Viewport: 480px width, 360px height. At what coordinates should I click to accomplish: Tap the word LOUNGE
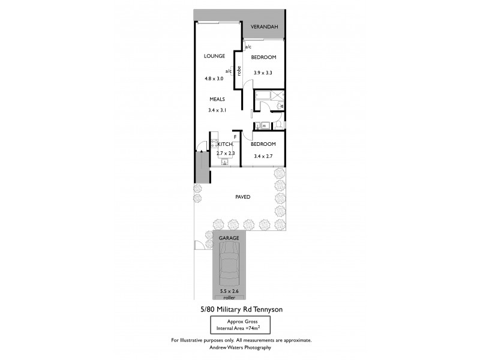[214, 56]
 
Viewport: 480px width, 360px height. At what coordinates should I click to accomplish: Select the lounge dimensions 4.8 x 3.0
[214, 79]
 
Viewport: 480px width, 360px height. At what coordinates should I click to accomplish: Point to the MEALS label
[217, 99]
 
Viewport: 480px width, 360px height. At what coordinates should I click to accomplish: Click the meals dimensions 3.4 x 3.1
[217, 110]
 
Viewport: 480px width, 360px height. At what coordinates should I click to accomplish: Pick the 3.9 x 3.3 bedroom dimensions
[263, 73]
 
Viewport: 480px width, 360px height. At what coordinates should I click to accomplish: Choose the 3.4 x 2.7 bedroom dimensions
[263, 156]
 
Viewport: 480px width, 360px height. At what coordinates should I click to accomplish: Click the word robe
[239, 70]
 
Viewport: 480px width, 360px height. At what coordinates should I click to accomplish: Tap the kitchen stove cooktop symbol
[214, 145]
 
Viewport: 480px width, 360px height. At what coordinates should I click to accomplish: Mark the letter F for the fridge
[235, 137]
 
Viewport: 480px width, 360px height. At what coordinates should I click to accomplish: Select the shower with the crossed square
[277, 96]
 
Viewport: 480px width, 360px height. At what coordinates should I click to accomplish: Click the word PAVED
[243, 197]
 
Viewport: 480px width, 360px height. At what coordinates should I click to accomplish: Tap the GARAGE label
[229, 238]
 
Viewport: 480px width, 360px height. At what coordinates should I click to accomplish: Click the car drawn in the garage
[229, 268]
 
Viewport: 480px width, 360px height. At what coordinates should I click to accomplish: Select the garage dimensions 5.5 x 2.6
[229, 291]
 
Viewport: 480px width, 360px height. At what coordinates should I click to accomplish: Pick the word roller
[229, 297]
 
